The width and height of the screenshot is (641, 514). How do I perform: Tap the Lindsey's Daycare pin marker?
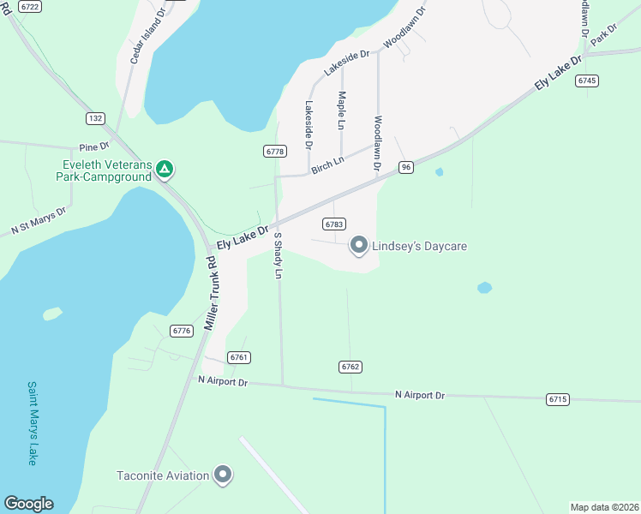(359, 246)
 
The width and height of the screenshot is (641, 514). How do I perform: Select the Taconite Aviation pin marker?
(223, 475)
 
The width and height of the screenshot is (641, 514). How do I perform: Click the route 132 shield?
(95, 117)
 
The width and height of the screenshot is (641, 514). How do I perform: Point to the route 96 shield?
(406, 167)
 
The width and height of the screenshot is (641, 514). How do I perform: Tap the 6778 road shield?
(274, 151)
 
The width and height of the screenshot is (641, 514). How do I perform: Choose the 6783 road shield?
(334, 224)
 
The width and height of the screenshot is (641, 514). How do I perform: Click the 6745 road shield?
(587, 81)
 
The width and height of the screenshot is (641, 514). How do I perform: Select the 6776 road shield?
(181, 331)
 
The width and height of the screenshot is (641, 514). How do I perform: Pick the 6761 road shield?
(239, 357)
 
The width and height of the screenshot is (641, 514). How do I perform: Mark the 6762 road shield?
(350, 367)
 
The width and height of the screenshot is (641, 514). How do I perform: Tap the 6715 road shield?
(557, 399)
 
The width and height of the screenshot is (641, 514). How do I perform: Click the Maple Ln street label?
(341, 111)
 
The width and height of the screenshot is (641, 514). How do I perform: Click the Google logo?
(28, 504)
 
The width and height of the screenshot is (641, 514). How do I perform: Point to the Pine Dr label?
(94, 147)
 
